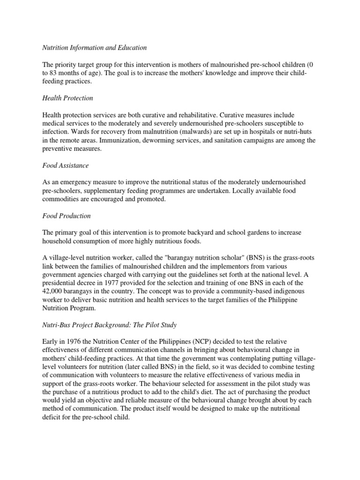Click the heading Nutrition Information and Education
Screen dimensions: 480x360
coord(94,47)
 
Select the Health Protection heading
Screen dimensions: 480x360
coord(67,98)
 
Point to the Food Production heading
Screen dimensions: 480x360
coord(66,216)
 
